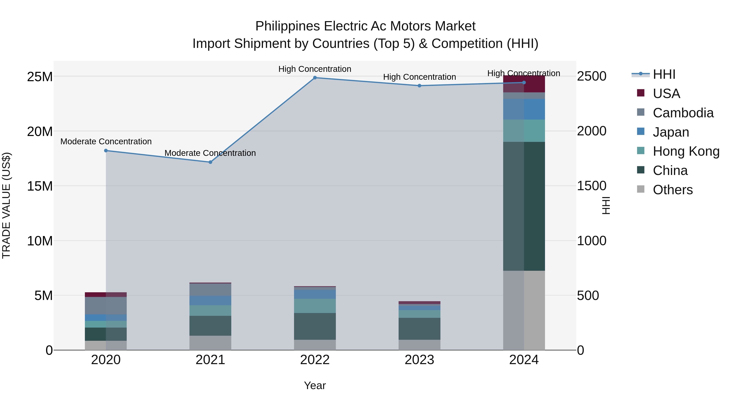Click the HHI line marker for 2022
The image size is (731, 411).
315,78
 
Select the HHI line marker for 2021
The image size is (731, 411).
210,162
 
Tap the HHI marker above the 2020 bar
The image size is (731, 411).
106,151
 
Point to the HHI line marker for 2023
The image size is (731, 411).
420,86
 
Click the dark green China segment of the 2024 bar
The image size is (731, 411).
524,206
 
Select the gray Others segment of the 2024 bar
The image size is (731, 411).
524,310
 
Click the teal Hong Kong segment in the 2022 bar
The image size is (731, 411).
315,306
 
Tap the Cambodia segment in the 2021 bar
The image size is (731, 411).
210,290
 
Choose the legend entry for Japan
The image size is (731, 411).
670,132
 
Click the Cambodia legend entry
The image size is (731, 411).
683,113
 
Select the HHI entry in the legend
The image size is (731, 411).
664,74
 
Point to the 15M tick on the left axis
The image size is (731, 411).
40,186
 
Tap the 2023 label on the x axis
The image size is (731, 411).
420,360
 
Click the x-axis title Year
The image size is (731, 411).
315,385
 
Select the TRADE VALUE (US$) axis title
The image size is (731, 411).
6,205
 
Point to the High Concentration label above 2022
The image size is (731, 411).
315,69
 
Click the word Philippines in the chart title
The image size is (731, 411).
288,26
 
